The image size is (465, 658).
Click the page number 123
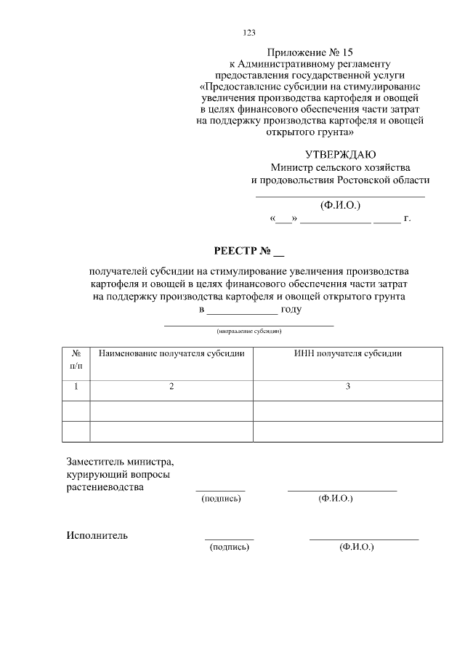tap(248, 32)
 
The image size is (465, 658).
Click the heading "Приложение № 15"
tap(310, 52)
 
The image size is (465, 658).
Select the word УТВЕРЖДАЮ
tap(340, 153)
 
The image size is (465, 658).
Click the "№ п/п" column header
tap(76, 358)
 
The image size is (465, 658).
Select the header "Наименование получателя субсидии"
tap(171, 353)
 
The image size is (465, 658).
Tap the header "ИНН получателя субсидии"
tap(347, 353)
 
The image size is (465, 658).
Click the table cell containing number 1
tap(76, 387)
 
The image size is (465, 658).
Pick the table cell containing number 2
tap(171, 387)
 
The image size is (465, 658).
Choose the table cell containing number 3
tap(347, 387)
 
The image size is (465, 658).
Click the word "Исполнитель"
tap(97, 536)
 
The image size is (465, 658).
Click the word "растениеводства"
tap(105, 487)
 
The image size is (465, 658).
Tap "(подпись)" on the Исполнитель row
tap(230, 547)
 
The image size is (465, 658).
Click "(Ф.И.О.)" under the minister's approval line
tap(340, 204)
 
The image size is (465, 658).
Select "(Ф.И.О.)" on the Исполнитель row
tap(356, 547)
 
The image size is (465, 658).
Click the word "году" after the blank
tap(291, 309)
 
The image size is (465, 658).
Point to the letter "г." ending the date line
tap(407, 217)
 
